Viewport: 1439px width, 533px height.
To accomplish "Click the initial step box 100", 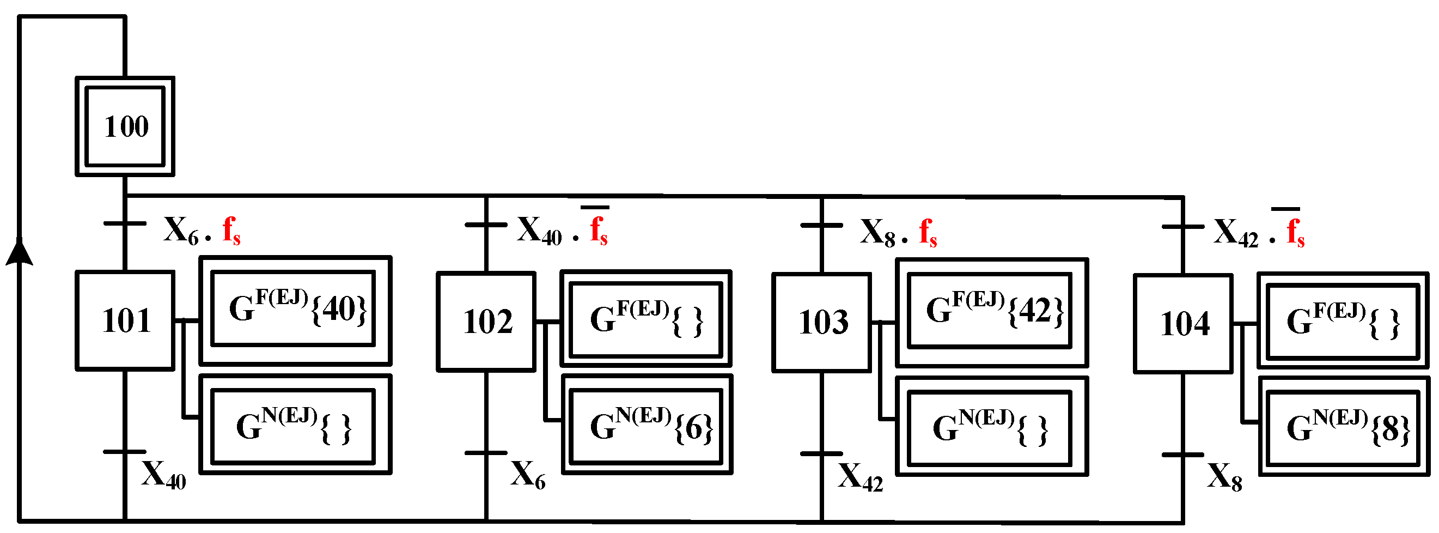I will click(125, 126).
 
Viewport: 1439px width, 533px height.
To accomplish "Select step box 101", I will click(125, 320).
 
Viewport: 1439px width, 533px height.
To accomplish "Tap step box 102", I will click(486, 322).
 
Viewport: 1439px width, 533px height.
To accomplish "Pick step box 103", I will click(821, 323).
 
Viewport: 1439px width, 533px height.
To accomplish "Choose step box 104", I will click(1182, 324).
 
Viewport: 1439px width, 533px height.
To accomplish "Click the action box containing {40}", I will click(295, 310).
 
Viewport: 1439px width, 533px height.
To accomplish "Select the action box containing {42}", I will click(991, 312).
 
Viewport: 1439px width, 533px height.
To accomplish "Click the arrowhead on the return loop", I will click(20, 252).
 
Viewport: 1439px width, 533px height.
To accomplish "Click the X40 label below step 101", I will click(163, 475).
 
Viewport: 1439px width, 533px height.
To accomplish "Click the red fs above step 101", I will click(231, 230).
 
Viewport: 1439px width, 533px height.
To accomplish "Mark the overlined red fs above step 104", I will click(1295, 231).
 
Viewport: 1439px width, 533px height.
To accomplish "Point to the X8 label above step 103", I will click(877, 232).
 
